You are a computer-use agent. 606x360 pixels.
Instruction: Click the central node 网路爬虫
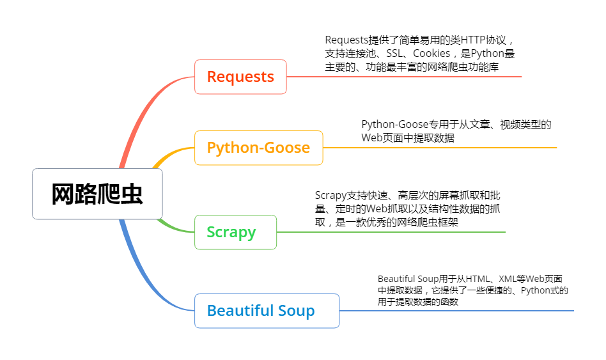97,194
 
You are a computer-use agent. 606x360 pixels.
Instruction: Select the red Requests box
240,77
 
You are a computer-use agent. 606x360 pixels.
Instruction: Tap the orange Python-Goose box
258,148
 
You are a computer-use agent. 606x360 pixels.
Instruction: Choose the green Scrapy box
235,232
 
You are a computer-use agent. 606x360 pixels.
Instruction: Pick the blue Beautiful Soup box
267,311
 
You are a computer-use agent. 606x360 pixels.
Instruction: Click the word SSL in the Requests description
396,54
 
